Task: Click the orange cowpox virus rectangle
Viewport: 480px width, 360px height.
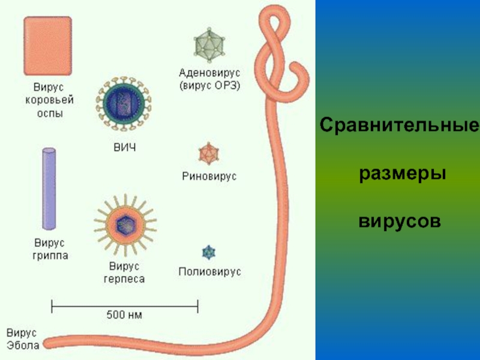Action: click(x=47, y=45)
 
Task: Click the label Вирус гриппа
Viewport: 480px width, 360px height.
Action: click(x=49, y=249)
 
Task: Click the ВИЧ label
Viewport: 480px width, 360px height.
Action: click(x=124, y=147)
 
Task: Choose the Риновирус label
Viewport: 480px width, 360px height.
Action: click(x=209, y=177)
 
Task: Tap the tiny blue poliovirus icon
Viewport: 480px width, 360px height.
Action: click(x=209, y=251)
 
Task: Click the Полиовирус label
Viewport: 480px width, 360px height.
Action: click(x=209, y=272)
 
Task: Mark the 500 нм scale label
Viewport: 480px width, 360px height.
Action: click(x=124, y=314)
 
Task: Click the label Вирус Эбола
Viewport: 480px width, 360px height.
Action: click(x=23, y=338)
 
